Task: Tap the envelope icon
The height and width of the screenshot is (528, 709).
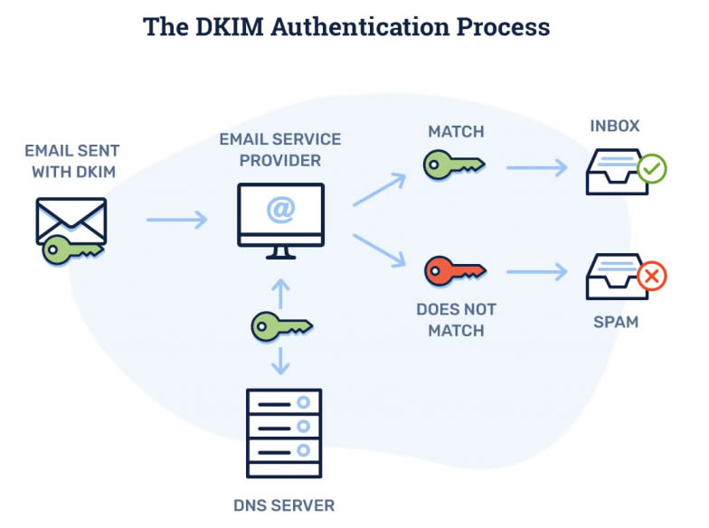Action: (72, 221)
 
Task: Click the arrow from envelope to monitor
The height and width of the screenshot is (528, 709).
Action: (177, 220)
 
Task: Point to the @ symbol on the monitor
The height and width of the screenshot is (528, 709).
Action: (280, 211)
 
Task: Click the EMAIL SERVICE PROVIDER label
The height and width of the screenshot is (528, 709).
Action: (280, 150)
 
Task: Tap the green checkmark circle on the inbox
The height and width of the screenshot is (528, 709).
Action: (651, 168)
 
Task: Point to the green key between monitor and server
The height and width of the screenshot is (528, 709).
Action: (281, 324)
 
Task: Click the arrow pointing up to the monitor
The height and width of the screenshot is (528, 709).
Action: (281, 291)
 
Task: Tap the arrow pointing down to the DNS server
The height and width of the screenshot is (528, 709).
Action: (281, 360)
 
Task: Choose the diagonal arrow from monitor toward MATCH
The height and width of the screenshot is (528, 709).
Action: (379, 191)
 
